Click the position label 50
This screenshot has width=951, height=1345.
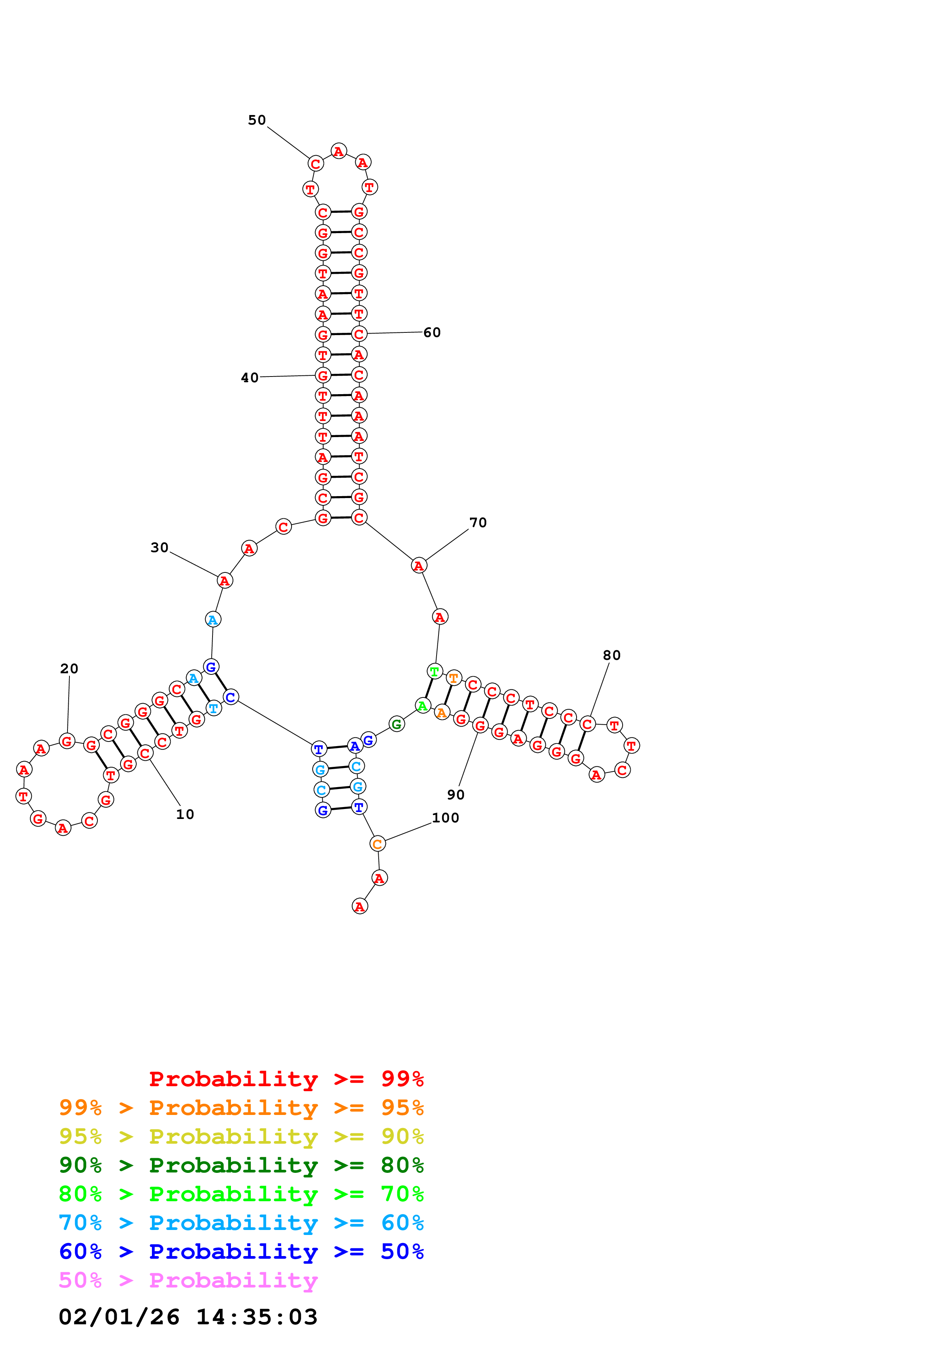point(257,120)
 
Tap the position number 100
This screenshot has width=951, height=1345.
point(445,818)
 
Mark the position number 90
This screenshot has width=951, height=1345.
point(455,794)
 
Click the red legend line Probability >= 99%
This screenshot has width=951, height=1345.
point(286,1079)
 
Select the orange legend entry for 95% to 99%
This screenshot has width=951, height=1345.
point(241,1107)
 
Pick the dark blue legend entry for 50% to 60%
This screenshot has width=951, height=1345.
point(241,1251)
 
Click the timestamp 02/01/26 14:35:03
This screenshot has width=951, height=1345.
point(188,1317)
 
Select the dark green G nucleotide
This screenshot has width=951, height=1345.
point(397,724)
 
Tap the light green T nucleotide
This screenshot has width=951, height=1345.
point(434,671)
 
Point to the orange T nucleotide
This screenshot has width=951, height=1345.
point(453,678)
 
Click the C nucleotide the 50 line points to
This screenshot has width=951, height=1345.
point(315,164)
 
